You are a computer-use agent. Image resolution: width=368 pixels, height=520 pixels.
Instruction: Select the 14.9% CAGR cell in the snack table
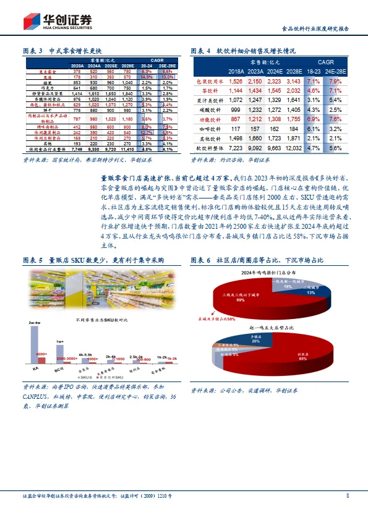tap(147, 77)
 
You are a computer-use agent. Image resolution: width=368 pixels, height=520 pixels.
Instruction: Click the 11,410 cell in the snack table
tap(127, 150)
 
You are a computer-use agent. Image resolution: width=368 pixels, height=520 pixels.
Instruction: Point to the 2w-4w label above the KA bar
tap(35, 323)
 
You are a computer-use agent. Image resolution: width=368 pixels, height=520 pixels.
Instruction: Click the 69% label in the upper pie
tap(240, 300)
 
